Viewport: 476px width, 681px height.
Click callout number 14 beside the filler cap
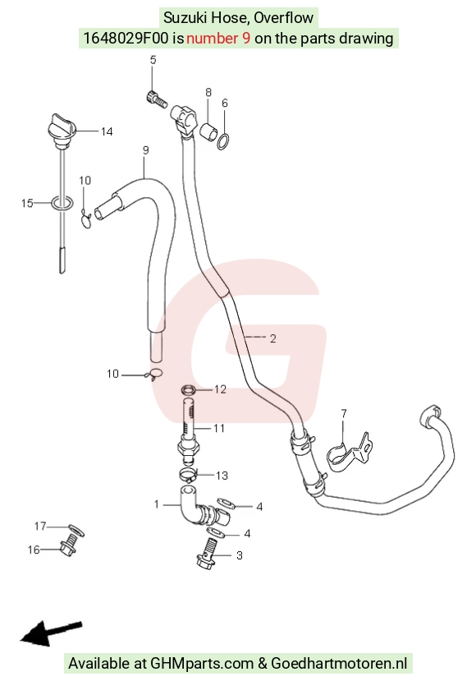107,131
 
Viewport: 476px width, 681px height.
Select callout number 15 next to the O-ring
27,203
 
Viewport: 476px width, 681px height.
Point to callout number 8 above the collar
208,92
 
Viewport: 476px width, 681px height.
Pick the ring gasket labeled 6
223,141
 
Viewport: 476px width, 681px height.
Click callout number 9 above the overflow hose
146,150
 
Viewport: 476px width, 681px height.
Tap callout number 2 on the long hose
272,338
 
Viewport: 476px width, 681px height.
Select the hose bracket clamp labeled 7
350,452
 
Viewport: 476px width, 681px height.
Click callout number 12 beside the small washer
220,389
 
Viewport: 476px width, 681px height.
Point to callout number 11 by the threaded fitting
219,428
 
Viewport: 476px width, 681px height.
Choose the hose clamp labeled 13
188,475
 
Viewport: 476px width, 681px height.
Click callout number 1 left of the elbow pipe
157,504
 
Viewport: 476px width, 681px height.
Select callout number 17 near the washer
40,527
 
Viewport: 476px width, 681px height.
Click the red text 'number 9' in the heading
218,39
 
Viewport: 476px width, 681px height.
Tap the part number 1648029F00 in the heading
126,39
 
